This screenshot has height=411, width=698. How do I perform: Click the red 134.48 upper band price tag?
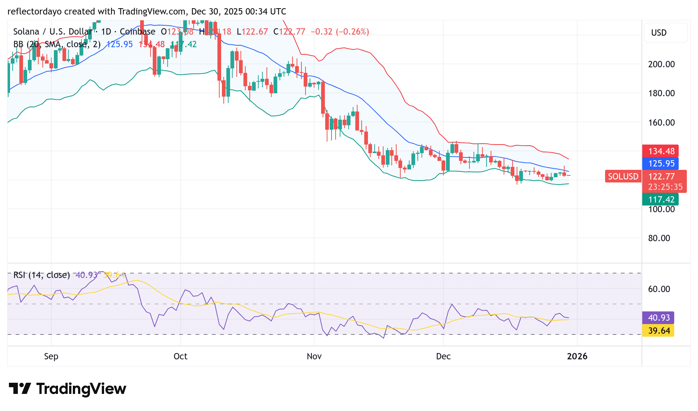coord(660,151)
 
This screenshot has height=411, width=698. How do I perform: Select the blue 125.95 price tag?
coord(660,164)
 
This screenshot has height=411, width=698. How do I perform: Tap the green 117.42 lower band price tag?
coord(660,200)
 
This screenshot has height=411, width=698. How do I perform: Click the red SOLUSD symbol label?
coord(623,177)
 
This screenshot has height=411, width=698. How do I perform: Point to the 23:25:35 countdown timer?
coord(665,187)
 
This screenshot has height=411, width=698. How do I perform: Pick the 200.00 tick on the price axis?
coord(661,64)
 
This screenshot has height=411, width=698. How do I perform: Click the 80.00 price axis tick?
coord(659,238)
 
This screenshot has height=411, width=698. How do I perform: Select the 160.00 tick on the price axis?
coord(661,123)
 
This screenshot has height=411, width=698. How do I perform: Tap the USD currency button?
coord(659,33)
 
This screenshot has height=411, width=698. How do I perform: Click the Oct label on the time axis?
coord(180,356)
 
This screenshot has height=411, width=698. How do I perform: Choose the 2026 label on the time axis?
coord(577,356)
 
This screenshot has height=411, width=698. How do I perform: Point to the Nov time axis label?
coord(314,356)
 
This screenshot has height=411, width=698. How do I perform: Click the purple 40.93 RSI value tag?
coord(659,318)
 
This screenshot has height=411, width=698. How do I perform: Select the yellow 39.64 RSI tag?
coord(659,331)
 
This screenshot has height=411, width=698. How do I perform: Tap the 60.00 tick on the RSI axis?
coord(659,289)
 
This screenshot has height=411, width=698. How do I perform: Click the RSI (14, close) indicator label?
coord(42,275)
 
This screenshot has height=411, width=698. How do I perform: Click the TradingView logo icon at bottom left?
coord(20,389)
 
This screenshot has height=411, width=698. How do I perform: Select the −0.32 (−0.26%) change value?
coord(340,32)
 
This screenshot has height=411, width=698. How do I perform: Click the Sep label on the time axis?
coord(51,356)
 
